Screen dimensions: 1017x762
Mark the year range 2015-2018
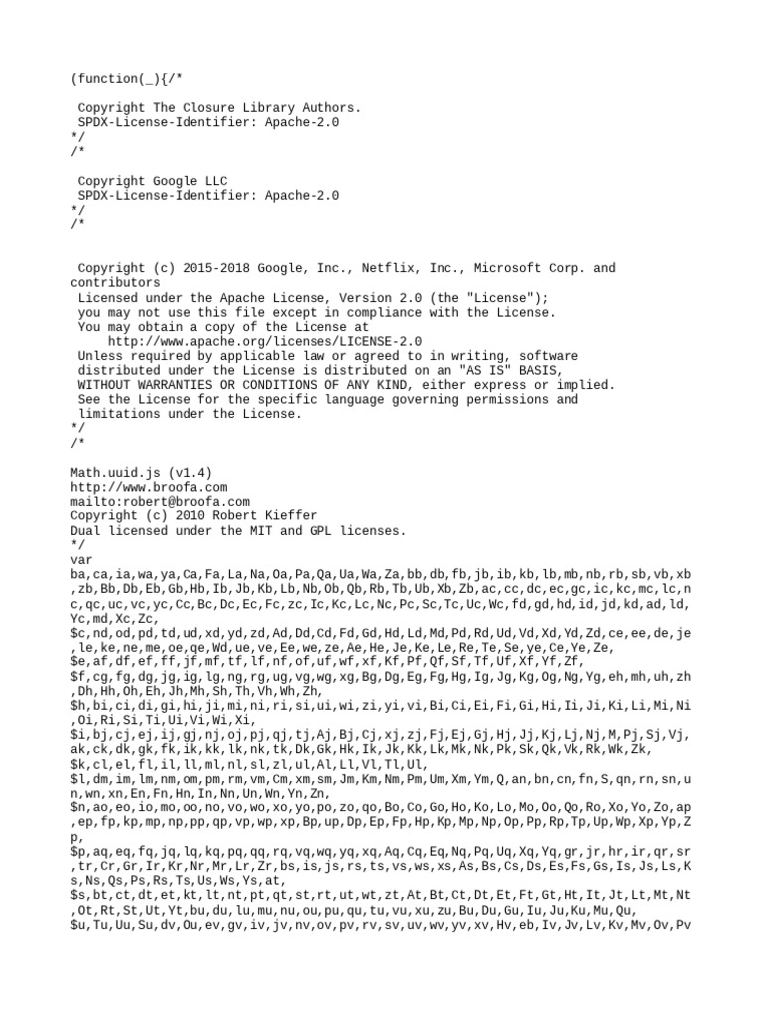click(205, 268)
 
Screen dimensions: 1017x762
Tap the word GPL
click(302, 531)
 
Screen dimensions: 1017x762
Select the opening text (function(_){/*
click(122, 78)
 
